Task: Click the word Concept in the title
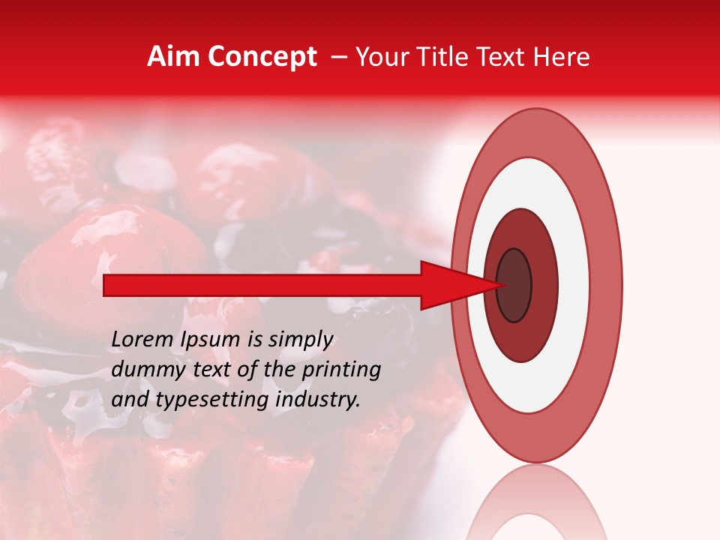coord(262,57)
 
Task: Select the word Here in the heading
coord(562,57)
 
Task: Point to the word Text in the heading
coord(501,57)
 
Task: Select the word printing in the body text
coord(340,370)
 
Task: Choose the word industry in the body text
coord(317,400)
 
